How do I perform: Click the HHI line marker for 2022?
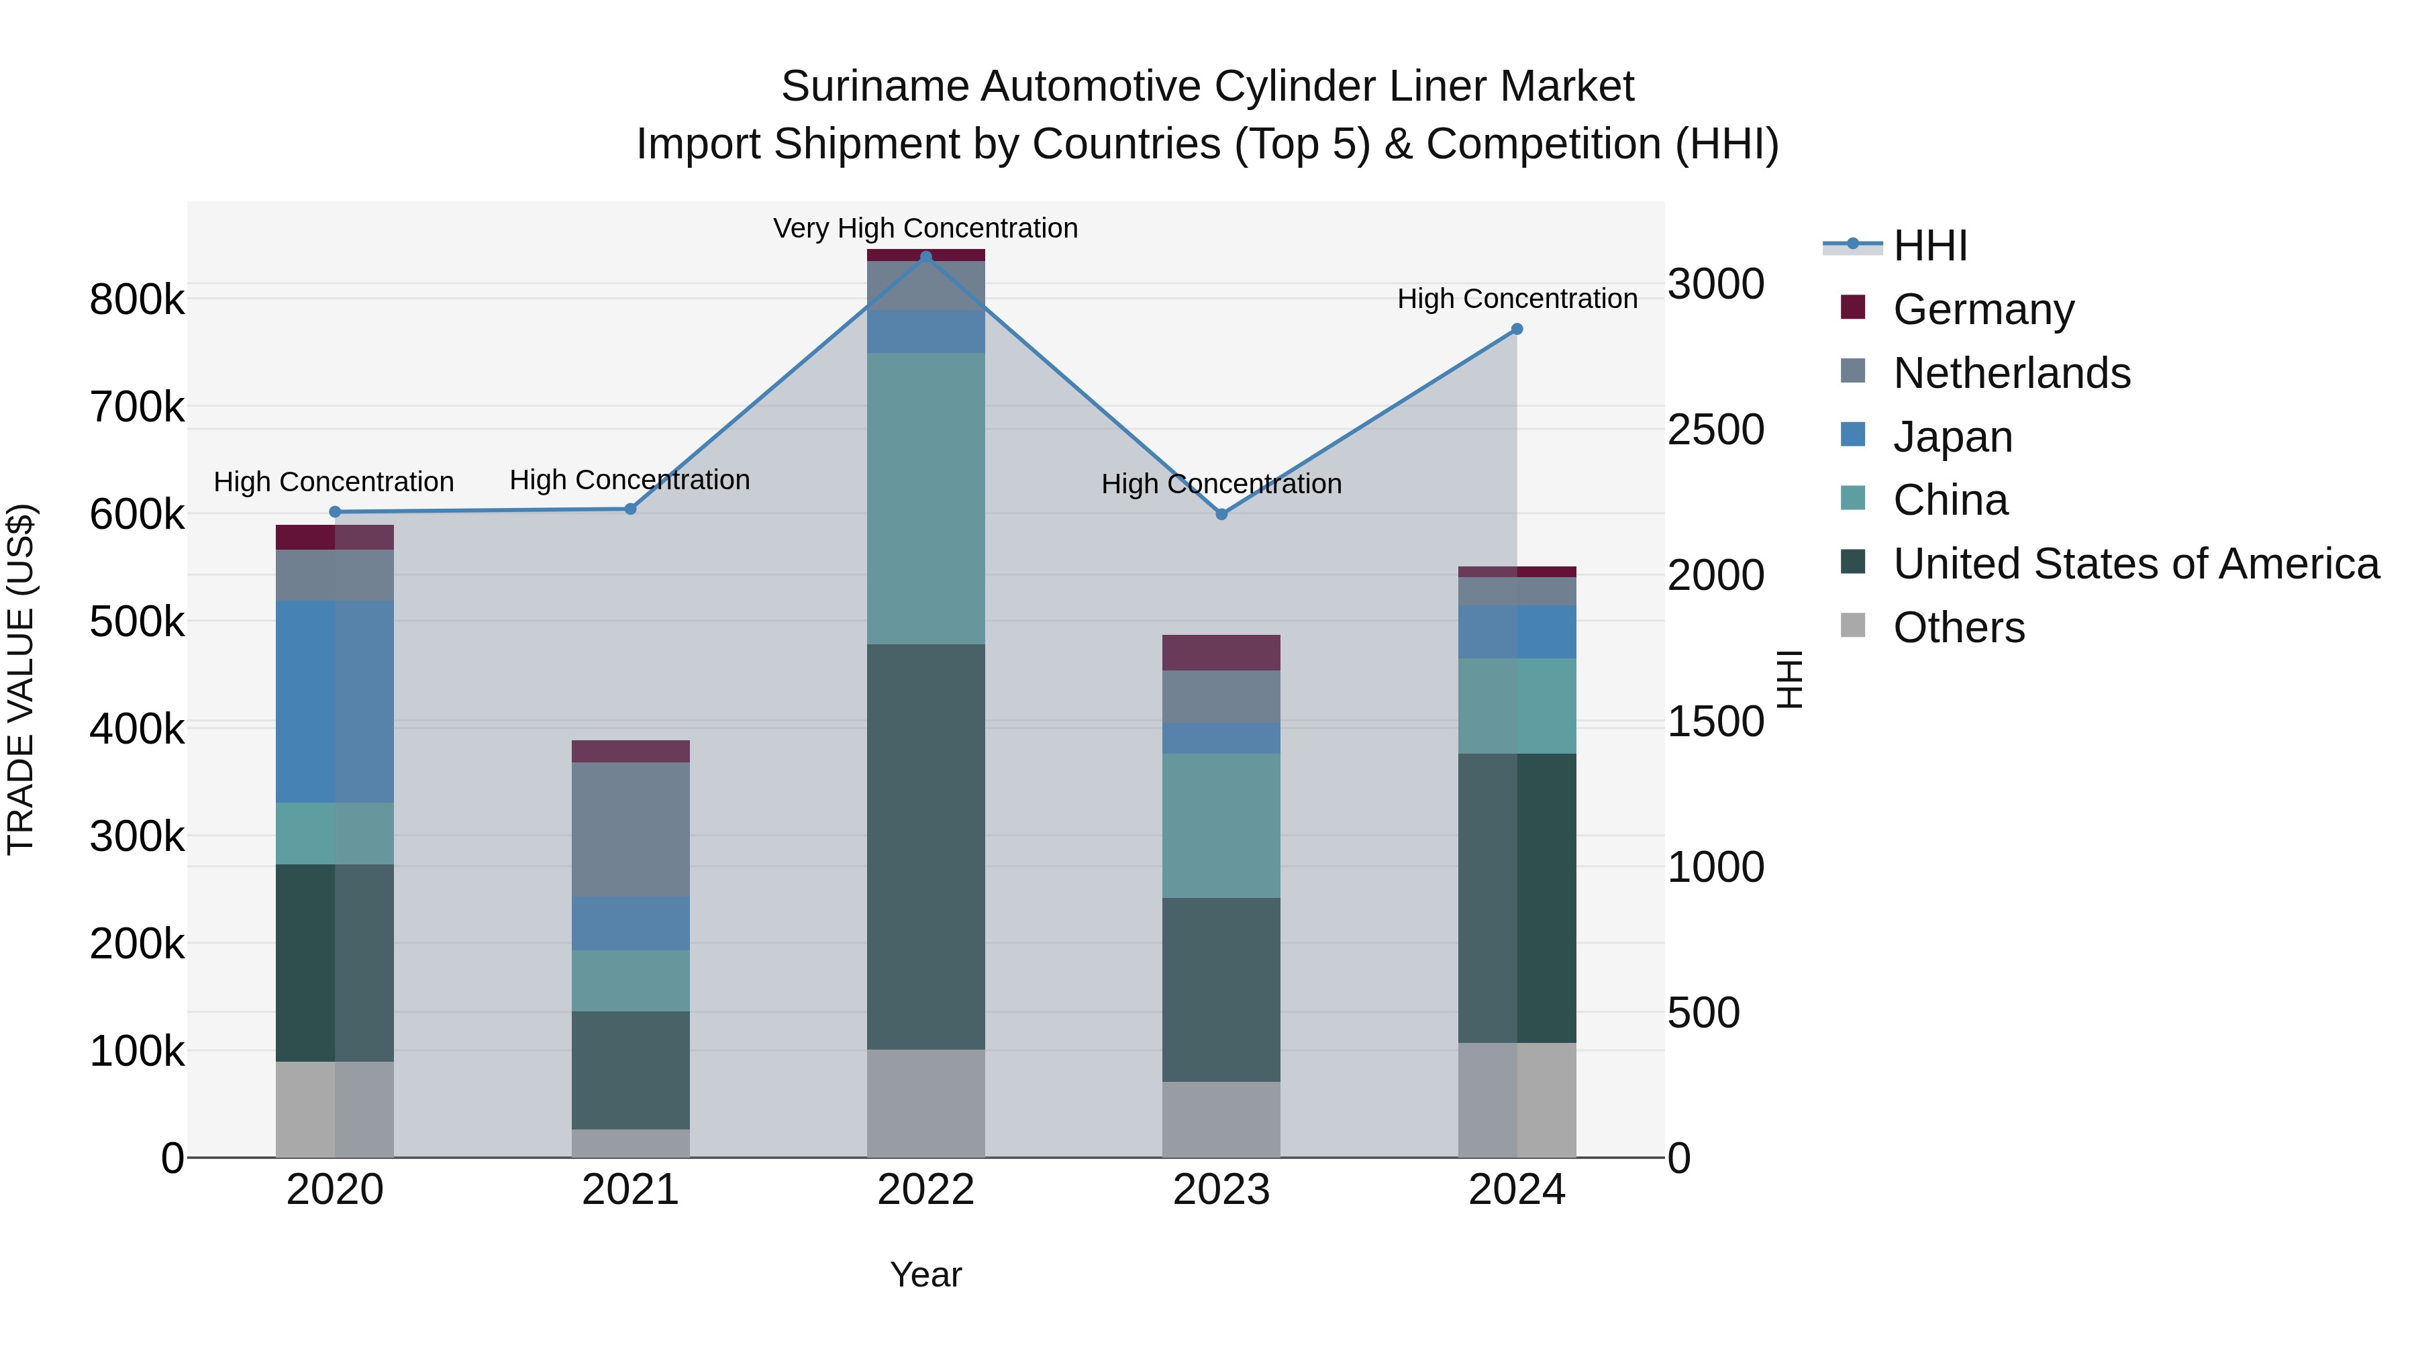(x=925, y=257)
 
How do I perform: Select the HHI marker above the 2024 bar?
(x=1517, y=330)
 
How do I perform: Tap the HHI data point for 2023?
(x=1221, y=515)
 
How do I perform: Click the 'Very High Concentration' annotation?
(x=925, y=229)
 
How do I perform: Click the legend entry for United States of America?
(x=2135, y=564)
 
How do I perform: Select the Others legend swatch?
(x=1853, y=625)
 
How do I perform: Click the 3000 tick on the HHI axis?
(x=1715, y=284)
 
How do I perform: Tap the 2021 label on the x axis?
(x=630, y=1190)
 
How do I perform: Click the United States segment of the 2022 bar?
(x=925, y=846)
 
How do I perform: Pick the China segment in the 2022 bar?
(x=925, y=498)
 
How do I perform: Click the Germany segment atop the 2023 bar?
(x=1221, y=653)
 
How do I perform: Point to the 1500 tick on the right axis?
(x=1715, y=722)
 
